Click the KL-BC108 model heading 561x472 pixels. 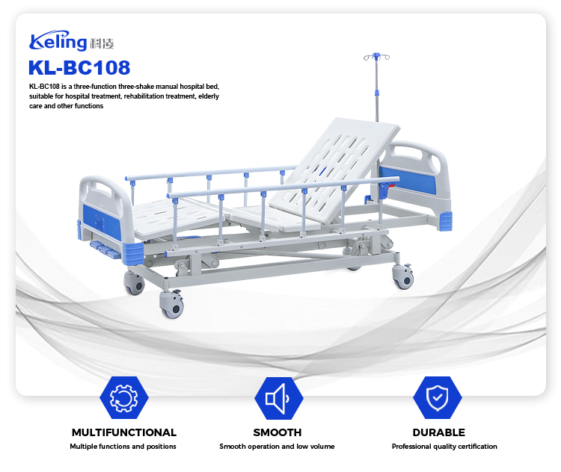coord(79,68)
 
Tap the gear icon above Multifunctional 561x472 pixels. coord(123,397)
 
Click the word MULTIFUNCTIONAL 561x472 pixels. coord(124,432)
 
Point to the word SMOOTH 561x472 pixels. coord(277,432)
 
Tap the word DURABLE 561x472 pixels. coord(438,432)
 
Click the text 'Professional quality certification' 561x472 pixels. coord(444,447)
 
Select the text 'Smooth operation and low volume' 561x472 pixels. coord(277,447)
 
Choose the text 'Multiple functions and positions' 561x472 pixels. coord(123,447)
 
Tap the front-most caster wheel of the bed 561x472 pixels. coord(172,305)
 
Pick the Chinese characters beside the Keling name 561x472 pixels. coord(101,43)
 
